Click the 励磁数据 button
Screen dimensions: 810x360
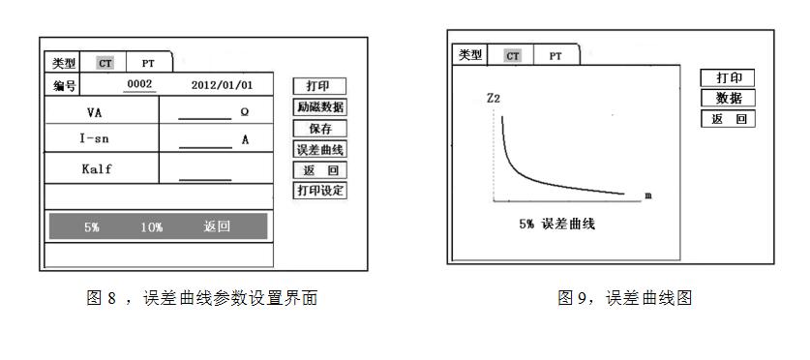coord(319,107)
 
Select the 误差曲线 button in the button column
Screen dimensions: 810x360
coord(319,149)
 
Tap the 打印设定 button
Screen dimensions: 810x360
coord(319,190)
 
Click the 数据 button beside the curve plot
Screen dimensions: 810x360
coord(728,98)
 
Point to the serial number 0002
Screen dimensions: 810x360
coord(140,85)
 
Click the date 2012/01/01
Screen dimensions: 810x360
coord(222,85)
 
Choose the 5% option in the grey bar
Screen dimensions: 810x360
coord(92,227)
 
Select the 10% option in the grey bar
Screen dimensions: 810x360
coord(151,227)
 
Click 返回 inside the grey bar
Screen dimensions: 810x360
coord(218,227)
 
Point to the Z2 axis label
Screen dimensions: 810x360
coord(493,99)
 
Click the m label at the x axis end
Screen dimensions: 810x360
coord(647,195)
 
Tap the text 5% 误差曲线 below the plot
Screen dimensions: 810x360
coord(557,225)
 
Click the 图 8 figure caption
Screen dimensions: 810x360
coord(202,299)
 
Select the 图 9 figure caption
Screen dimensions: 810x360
coord(625,299)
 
